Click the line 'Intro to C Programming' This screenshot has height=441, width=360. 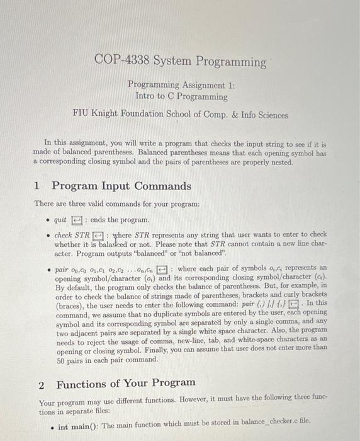click(181, 96)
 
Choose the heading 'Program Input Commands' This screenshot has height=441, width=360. click(121, 186)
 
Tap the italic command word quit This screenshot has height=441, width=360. click(60, 220)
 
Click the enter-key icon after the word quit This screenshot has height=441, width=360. click(77, 220)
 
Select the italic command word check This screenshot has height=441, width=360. click(64, 235)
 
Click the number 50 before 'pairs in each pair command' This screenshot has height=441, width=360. click(61, 359)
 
